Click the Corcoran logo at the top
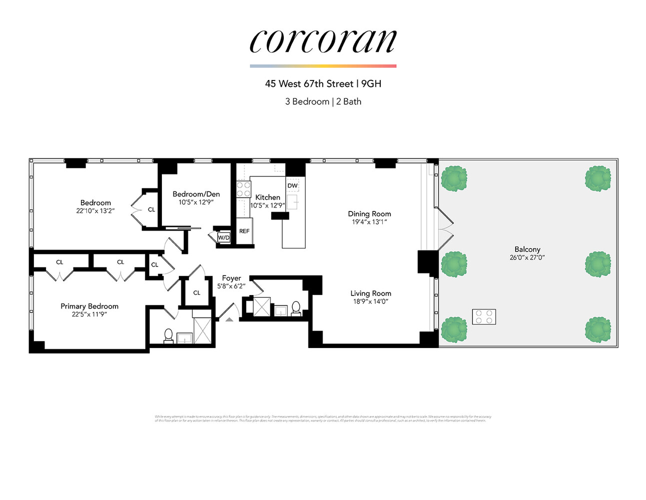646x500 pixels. pos(323,41)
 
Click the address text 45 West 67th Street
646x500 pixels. pos(309,84)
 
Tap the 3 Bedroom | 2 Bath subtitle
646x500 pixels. pos(323,101)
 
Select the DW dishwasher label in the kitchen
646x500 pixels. pos(293,185)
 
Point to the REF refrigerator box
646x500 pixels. pos(244,231)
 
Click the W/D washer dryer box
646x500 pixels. pos(223,237)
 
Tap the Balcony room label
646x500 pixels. pos(527,249)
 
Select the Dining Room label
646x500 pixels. pos(369,213)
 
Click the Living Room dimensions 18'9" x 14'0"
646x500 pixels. pos(370,301)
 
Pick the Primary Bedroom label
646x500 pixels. pos(89,306)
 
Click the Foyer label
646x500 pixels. pos(231,278)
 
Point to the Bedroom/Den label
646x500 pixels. pos(196,194)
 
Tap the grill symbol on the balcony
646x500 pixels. pos(484,316)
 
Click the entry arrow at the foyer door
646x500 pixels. pos(229,318)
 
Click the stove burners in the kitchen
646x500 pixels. pos(243,189)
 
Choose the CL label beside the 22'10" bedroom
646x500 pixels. pos(151,209)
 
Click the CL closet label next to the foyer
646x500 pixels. pos(196,292)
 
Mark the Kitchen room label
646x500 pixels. pos(267,197)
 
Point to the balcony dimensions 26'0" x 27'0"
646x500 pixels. pos(527,257)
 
